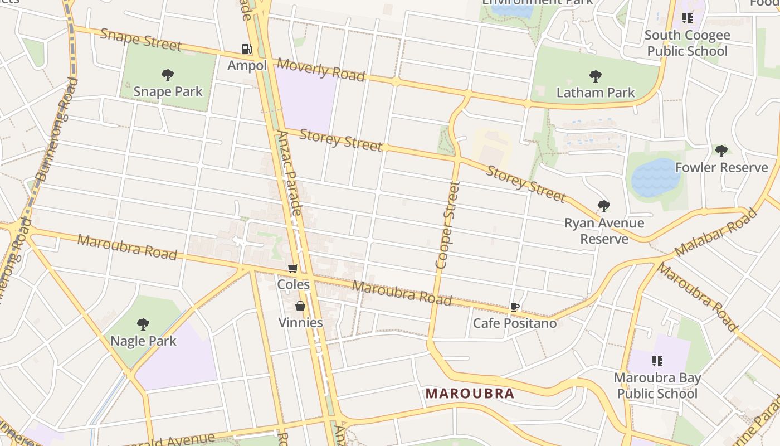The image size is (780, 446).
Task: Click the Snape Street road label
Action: (x=140, y=38)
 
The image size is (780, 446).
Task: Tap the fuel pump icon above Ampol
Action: (x=246, y=49)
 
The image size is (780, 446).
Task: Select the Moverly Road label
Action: (x=321, y=69)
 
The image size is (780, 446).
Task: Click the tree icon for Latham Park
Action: (x=595, y=76)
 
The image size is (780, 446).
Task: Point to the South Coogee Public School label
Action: (x=687, y=43)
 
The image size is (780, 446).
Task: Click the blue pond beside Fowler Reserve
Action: (x=655, y=177)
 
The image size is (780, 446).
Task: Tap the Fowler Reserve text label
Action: (x=721, y=167)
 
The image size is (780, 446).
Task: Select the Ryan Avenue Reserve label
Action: (x=604, y=231)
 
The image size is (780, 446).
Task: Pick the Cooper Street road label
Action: (x=448, y=225)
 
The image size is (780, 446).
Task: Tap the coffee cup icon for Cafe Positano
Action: (x=514, y=307)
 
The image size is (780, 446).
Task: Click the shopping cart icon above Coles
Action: (x=293, y=269)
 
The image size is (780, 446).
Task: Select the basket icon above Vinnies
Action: (x=300, y=306)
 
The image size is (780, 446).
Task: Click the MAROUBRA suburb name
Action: (x=470, y=394)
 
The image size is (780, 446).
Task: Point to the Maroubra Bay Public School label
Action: (x=657, y=386)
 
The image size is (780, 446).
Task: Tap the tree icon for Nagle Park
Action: (x=143, y=324)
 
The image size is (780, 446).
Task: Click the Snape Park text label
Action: (x=168, y=91)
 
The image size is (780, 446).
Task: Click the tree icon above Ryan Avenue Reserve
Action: (x=603, y=206)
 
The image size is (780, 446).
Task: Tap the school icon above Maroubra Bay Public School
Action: (x=657, y=361)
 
